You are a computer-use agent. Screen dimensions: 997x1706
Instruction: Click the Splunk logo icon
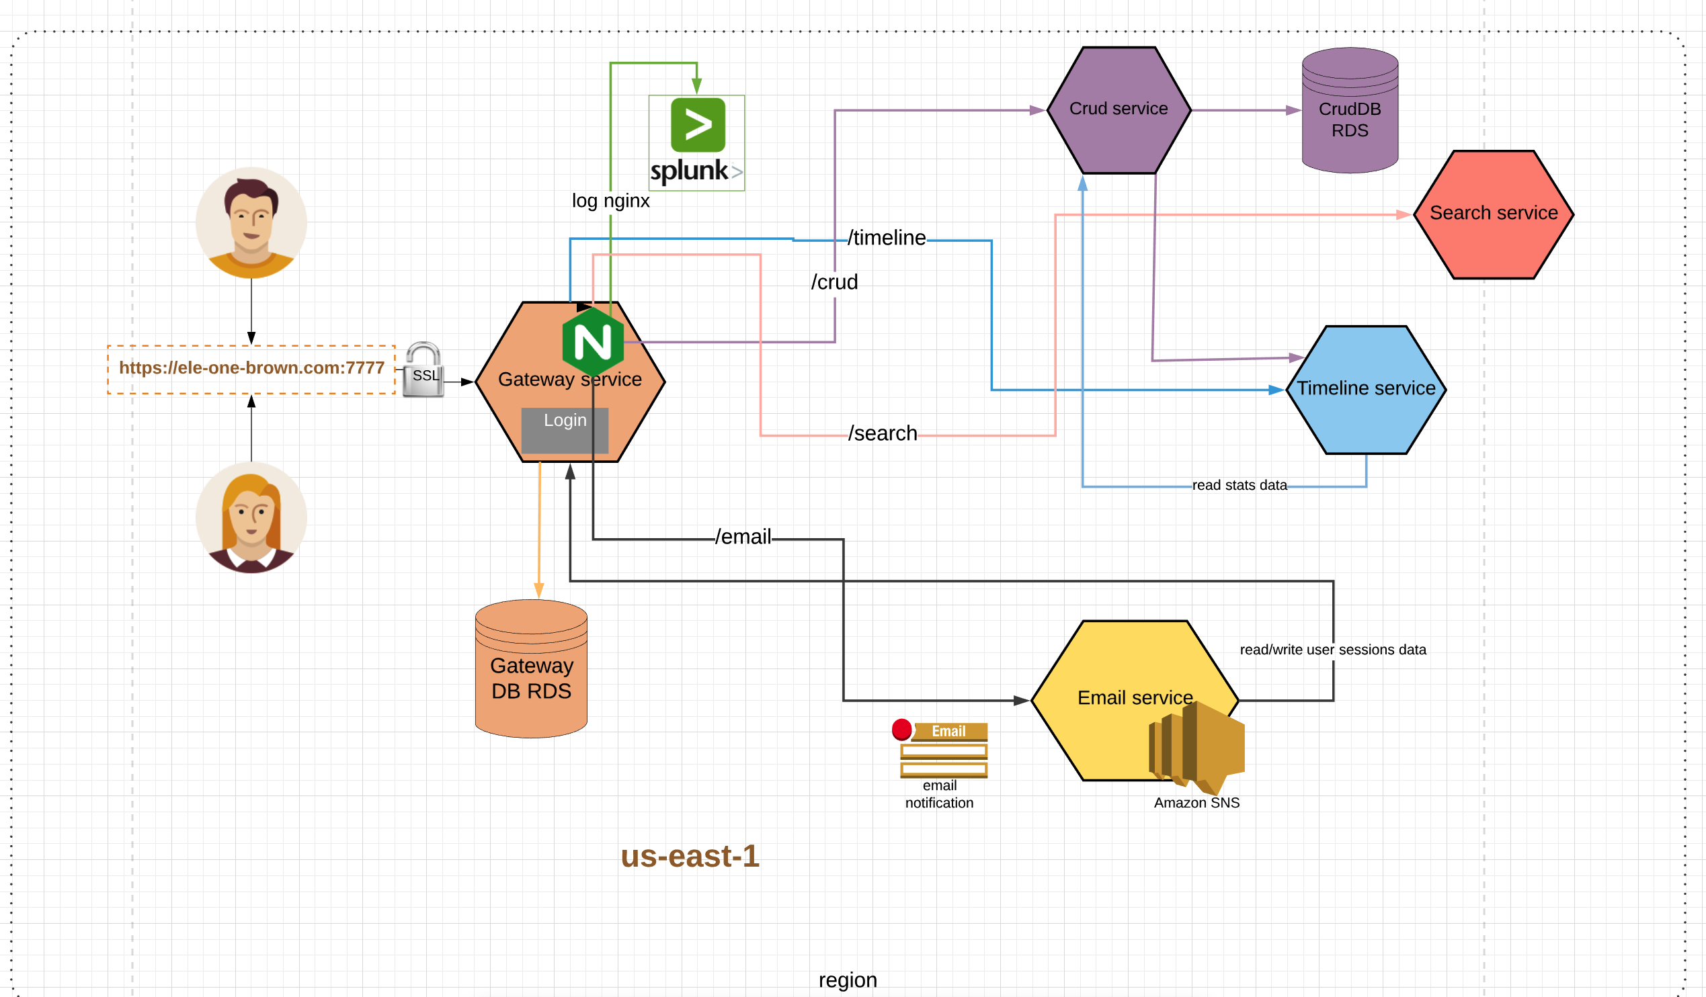(x=696, y=143)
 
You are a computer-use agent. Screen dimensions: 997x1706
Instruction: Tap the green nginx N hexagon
(x=593, y=342)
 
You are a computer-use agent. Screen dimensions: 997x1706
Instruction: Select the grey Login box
(x=565, y=430)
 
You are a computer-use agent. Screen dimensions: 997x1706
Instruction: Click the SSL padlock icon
(x=423, y=370)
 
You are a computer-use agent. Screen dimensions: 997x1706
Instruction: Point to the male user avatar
(x=251, y=222)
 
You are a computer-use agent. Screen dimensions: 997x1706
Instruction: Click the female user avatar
(x=251, y=518)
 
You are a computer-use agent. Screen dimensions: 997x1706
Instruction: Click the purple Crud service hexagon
(x=1119, y=110)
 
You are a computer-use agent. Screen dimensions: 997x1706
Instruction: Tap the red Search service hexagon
(x=1494, y=214)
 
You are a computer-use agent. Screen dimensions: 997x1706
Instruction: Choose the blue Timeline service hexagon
(x=1365, y=390)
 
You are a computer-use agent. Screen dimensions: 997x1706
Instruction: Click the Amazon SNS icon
(x=1196, y=748)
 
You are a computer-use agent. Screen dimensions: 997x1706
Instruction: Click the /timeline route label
(x=886, y=239)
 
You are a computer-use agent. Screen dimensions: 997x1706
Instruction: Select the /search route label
(x=883, y=434)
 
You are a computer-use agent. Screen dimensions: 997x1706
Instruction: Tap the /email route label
(x=743, y=537)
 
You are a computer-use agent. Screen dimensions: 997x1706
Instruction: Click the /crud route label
(x=834, y=282)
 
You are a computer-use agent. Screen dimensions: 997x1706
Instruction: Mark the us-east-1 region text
(x=690, y=856)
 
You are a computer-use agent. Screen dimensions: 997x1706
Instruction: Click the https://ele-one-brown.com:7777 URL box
(x=251, y=369)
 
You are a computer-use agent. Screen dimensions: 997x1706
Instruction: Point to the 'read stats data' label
(x=1239, y=485)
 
